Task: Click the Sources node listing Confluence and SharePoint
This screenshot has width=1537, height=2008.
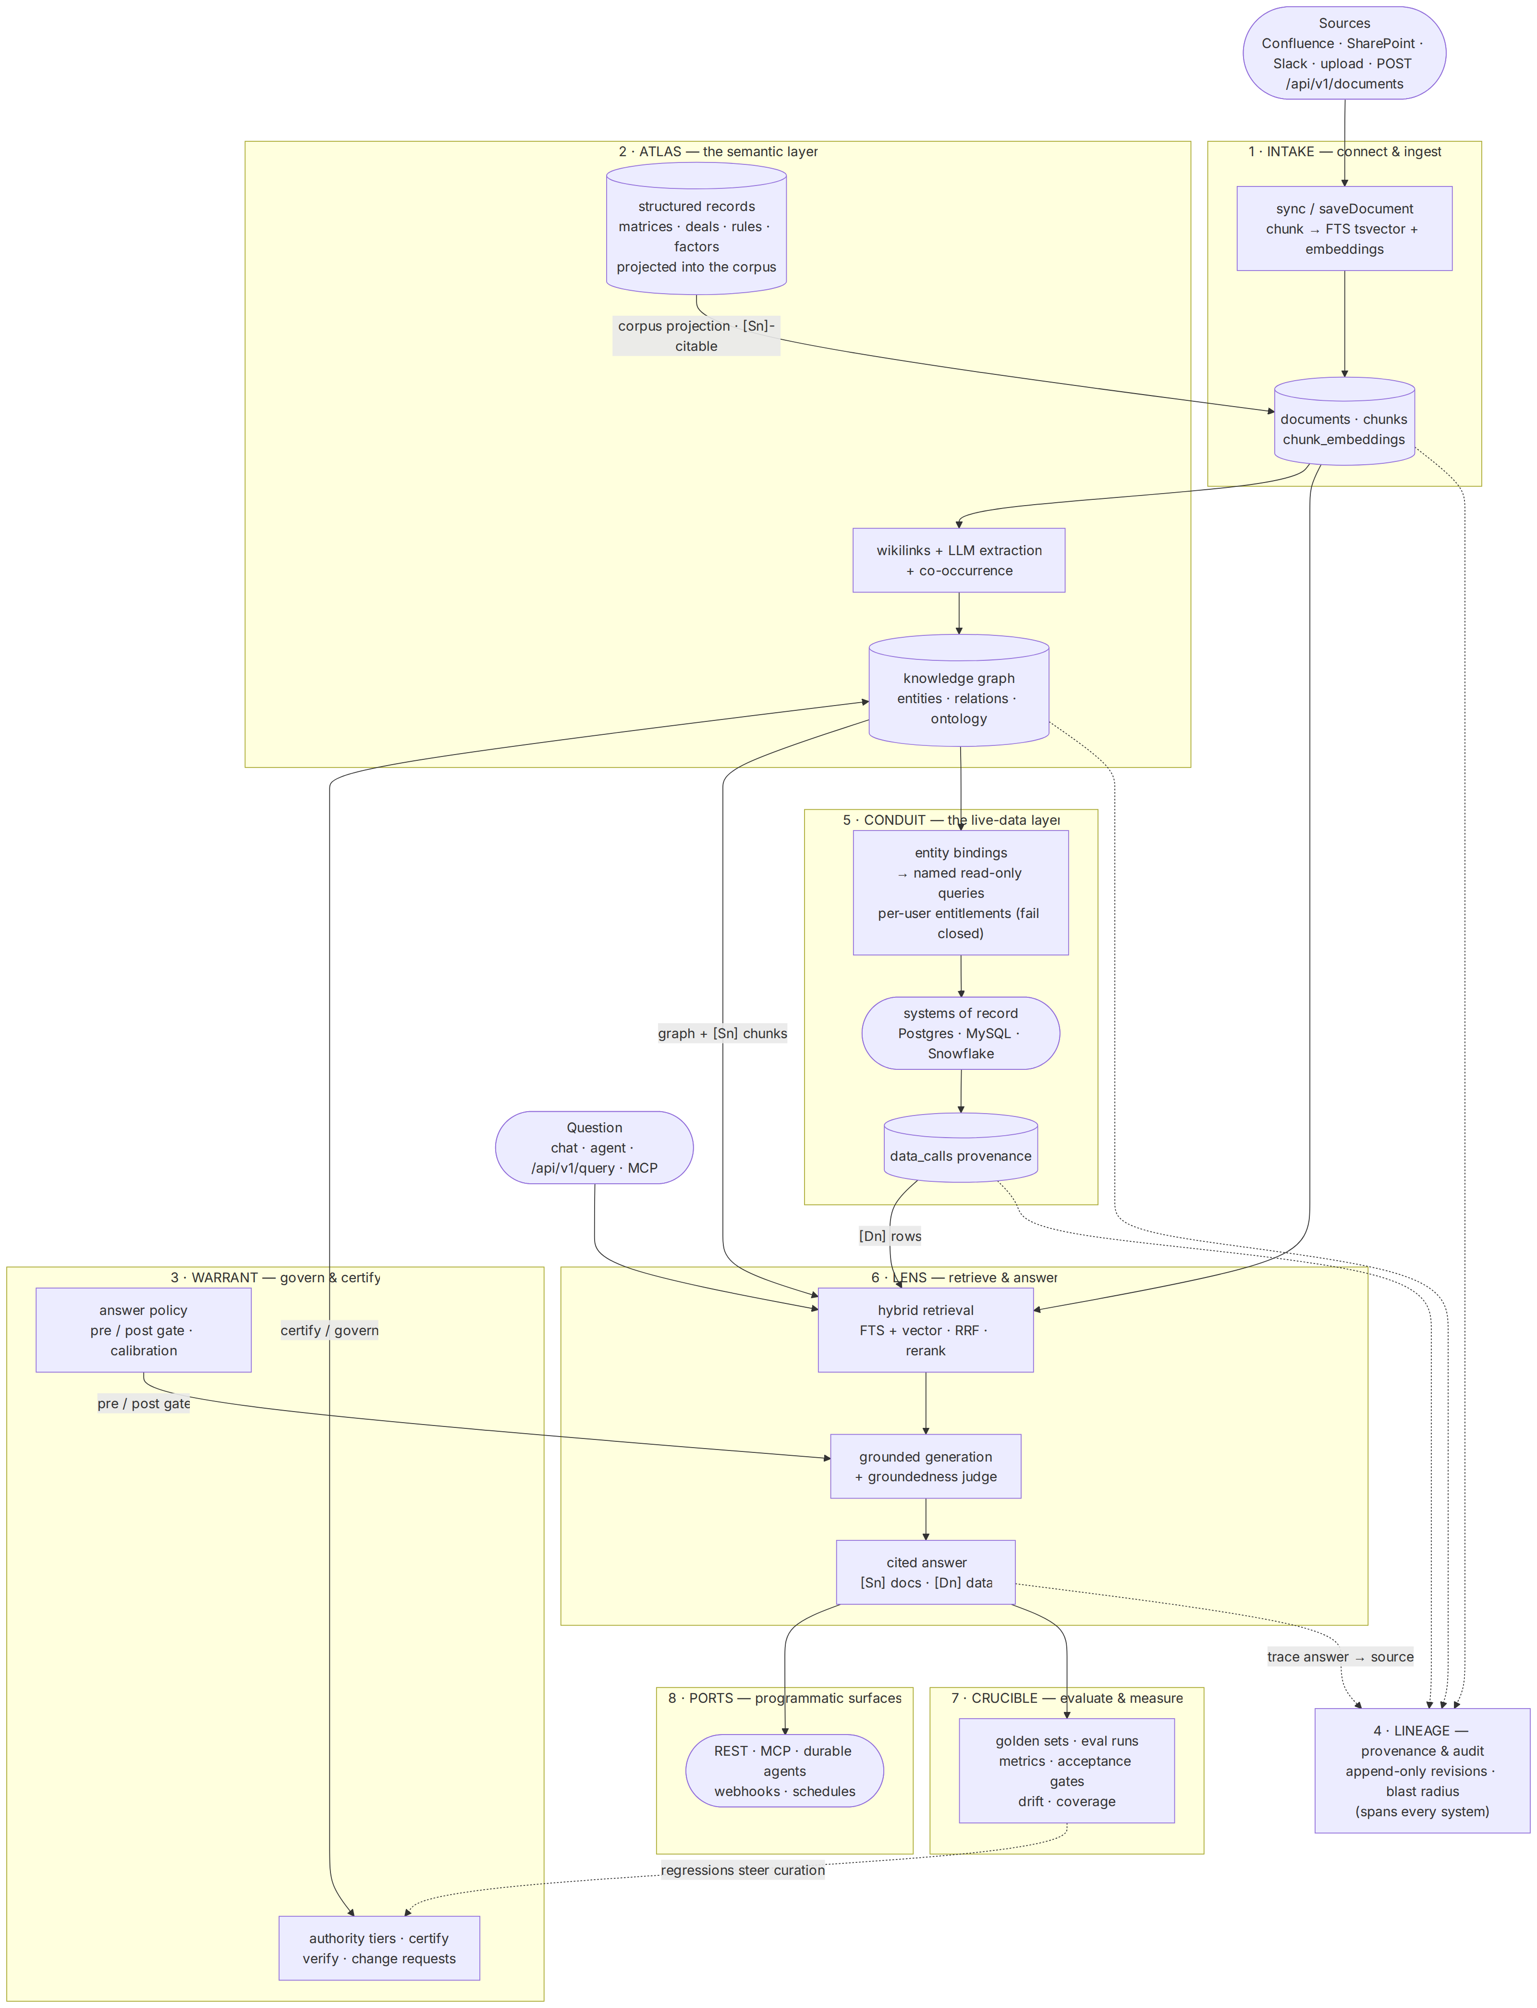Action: [1344, 53]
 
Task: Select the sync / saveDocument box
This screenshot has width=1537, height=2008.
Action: [1344, 229]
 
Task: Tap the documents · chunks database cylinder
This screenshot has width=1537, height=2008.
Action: [1344, 421]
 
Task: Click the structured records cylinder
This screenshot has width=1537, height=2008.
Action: [696, 229]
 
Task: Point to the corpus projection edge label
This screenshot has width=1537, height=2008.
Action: [696, 336]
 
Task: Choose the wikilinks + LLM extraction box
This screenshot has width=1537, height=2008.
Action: [959, 560]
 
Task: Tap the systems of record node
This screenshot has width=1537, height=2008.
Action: [961, 1033]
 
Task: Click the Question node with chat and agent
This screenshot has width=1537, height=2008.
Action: [595, 1148]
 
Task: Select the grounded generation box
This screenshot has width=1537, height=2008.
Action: [926, 1466]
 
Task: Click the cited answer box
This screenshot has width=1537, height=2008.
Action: [926, 1573]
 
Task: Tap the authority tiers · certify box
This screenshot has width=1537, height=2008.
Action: [379, 1948]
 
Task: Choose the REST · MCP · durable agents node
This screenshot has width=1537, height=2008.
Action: [785, 1771]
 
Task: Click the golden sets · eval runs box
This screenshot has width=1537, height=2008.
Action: [1067, 1771]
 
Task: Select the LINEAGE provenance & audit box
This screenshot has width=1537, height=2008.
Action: [1423, 1771]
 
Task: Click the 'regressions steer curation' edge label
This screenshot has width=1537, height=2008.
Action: [743, 1870]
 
